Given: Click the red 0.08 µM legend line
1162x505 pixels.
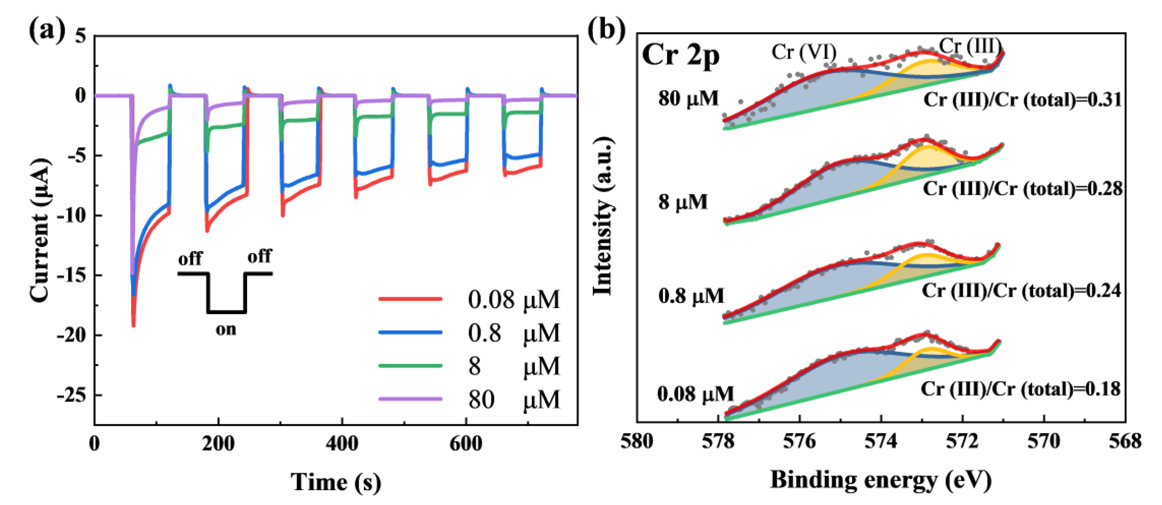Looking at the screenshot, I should click(x=410, y=299).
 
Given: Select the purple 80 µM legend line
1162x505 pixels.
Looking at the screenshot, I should click(x=410, y=399).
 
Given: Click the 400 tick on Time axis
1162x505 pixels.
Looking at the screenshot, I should click(x=341, y=443).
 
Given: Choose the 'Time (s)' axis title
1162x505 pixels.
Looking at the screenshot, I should click(x=336, y=482).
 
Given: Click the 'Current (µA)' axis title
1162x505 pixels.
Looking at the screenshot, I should click(x=40, y=230).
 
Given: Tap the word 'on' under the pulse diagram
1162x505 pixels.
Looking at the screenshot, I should click(x=226, y=329).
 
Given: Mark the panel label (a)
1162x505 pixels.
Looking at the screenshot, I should click(x=46, y=31).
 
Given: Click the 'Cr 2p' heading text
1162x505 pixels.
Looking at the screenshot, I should click(x=680, y=56).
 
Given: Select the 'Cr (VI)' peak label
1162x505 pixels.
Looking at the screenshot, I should click(x=804, y=52).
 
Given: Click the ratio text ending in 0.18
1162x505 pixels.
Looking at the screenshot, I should click(x=1020, y=388).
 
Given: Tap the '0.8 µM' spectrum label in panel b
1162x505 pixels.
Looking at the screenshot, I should click(x=691, y=296).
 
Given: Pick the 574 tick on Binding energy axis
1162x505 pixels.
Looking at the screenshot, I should click(x=880, y=441).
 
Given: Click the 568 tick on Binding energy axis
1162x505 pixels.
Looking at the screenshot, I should click(x=1125, y=441).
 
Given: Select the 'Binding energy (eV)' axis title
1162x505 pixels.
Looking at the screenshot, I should click(x=880, y=480).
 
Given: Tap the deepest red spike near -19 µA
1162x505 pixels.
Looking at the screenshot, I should click(x=133, y=324).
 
